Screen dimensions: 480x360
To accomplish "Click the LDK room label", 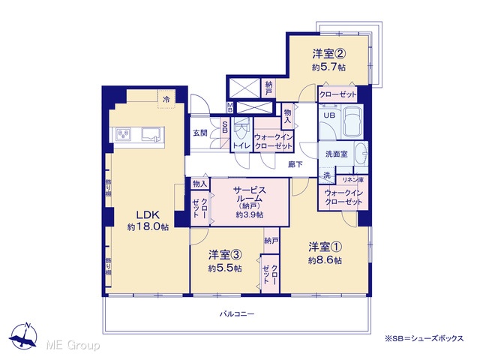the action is (148, 214).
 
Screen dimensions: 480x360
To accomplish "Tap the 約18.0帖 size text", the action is (148, 226).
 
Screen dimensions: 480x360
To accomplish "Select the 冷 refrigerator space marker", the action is (166, 99).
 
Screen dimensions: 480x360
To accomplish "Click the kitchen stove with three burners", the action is (123, 134).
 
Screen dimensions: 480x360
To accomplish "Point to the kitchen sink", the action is (151, 134).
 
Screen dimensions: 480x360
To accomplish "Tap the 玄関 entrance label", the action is (200, 133).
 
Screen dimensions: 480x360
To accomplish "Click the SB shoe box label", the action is (225, 127).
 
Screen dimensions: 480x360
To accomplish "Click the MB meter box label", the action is (229, 108).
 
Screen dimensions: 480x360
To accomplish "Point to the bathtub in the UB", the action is (352, 121).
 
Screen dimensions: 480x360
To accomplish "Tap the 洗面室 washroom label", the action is (337, 154).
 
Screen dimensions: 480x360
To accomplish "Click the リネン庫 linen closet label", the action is (353, 180).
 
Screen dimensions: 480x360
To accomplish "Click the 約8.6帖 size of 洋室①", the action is (325, 260).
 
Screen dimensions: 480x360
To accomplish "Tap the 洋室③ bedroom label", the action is (225, 255).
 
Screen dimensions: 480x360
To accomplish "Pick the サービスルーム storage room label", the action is (250, 194).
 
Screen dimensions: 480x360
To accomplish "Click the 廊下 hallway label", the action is (295, 165).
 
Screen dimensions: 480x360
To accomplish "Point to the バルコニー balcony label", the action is (237, 314).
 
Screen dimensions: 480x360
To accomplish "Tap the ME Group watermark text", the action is (73, 346).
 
